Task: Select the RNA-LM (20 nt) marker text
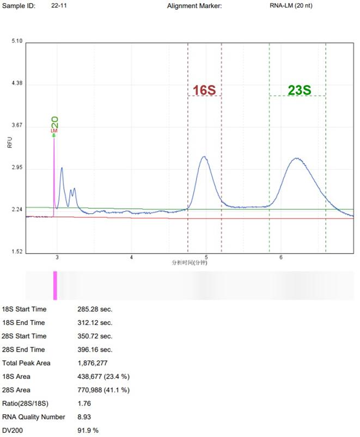[x=291, y=5]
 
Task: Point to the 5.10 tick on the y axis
[x=17, y=41]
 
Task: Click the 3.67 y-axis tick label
[x=17, y=126]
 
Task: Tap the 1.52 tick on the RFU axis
[x=17, y=252]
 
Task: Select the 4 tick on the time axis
[x=132, y=256]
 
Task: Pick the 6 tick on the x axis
[x=281, y=256]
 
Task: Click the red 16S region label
[x=204, y=90]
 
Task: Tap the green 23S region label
[x=299, y=90]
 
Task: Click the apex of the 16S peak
[x=204, y=157]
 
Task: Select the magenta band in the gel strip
[x=55, y=285]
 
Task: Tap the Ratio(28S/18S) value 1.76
[x=84, y=403]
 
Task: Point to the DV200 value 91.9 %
[x=88, y=430]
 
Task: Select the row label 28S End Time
[x=24, y=349]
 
